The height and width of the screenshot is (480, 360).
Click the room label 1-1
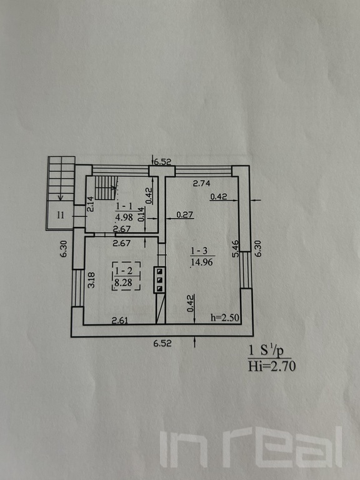[x=124, y=207]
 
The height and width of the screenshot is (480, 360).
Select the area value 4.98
[x=124, y=217]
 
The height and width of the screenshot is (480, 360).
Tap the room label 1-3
[x=199, y=251]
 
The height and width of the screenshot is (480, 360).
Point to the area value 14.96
[x=202, y=262]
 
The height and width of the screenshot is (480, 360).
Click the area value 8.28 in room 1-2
[x=124, y=282]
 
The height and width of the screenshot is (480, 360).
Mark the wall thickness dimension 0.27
[x=185, y=214]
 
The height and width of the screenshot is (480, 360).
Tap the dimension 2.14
[x=90, y=204]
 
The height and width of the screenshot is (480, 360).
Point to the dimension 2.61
[x=120, y=321]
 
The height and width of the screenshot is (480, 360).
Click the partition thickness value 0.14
[x=141, y=214]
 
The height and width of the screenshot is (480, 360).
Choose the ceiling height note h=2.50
[x=225, y=317]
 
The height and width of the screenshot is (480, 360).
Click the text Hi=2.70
[x=272, y=366]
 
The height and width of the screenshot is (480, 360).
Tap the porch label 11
[x=61, y=215]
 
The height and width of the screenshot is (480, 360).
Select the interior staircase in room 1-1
[x=106, y=188]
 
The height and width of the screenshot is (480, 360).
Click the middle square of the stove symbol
[x=160, y=280]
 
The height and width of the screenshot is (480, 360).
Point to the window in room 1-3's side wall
[x=246, y=270]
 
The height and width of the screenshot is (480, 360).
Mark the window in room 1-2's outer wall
[x=77, y=287]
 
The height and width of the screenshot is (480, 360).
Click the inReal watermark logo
[x=251, y=447]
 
